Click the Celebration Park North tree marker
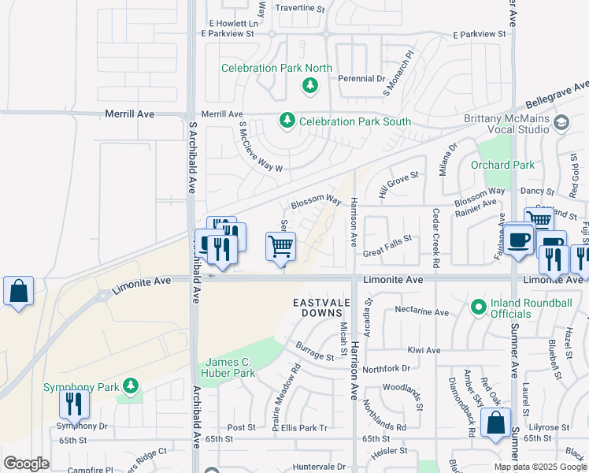point(310,85)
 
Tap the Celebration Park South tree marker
point(287,121)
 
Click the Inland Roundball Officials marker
point(476,306)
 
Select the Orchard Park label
point(502,165)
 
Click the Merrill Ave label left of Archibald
point(129,114)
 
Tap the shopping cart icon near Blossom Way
point(281,247)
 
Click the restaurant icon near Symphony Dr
point(73,404)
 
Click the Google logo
point(26,464)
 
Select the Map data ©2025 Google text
point(539,467)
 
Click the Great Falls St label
point(387,239)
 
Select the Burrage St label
point(315,351)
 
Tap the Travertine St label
point(299,8)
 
